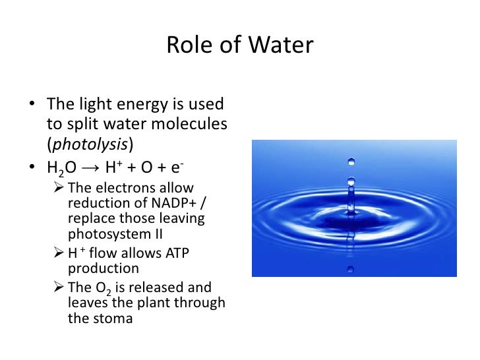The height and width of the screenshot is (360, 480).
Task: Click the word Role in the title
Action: click(x=187, y=45)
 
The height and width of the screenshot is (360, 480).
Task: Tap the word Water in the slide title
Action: click(x=284, y=45)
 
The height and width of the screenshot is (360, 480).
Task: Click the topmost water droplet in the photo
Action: click(x=351, y=161)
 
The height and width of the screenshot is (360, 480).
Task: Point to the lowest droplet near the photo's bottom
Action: click(x=351, y=270)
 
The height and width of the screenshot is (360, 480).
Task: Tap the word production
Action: click(x=104, y=268)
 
